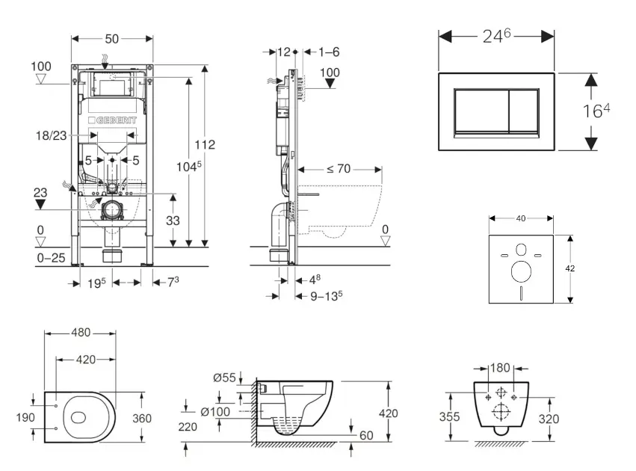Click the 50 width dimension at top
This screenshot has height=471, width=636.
[112, 37]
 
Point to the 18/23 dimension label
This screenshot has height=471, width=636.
[52, 135]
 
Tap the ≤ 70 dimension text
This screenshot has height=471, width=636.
[339, 169]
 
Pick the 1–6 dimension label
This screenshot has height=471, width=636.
[329, 52]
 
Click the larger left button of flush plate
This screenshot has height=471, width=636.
[478, 111]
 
